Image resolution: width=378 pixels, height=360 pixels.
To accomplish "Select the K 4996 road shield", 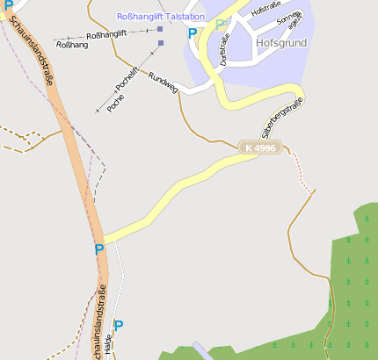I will (260, 148).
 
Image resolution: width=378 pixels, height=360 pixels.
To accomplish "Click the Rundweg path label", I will (164, 83).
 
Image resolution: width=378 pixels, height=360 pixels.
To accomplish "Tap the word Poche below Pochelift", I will (114, 104).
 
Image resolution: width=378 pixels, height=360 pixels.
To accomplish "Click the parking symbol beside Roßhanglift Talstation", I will (193, 33).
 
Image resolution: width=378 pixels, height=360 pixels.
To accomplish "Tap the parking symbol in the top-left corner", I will (8, 5).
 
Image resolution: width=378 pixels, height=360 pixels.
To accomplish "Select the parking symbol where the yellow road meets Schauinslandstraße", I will (98, 249).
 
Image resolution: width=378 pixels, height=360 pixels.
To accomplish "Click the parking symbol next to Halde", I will (119, 326).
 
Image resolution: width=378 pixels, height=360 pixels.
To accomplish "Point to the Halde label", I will (108, 347).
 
